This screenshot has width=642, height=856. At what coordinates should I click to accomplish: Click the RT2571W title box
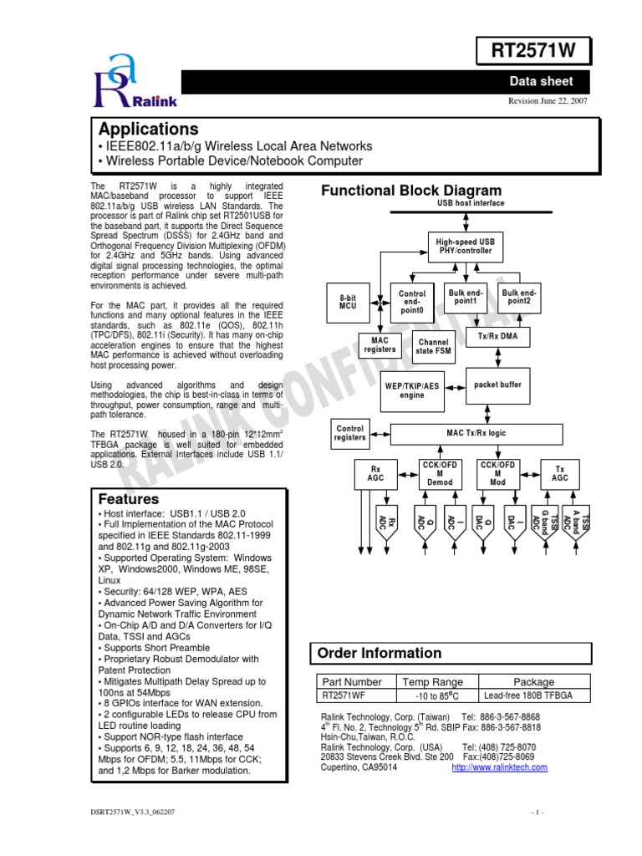(x=538, y=51)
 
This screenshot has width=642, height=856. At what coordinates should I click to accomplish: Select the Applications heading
(x=149, y=129)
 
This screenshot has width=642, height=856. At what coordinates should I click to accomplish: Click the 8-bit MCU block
(x=348, y=303)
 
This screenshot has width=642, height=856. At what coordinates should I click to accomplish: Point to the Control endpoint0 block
(x=411, y=302)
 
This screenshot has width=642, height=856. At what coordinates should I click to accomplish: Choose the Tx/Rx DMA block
(x=498, y=335)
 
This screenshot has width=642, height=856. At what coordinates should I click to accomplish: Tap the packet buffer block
(x=497, y=385)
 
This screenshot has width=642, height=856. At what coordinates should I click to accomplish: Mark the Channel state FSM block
(x=433, y=346)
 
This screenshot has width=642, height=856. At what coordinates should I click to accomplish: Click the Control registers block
(x=349, y=432)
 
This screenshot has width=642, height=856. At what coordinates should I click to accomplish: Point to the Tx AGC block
(x=561, y=474)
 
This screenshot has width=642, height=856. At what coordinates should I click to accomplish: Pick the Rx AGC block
(x=375, y=474)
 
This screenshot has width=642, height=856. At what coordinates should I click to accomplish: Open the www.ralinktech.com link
(x=499, y=767)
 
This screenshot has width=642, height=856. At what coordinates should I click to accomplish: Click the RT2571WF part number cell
(x=344, y=695)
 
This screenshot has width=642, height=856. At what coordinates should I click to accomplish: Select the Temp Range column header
(x=432, y=681)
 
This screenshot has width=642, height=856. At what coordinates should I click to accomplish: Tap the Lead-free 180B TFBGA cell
(x=532, y=695)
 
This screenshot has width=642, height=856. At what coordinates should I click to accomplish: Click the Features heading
(x=129, y=499)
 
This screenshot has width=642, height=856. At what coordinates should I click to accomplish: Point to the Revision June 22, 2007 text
(x=549, y=101)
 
